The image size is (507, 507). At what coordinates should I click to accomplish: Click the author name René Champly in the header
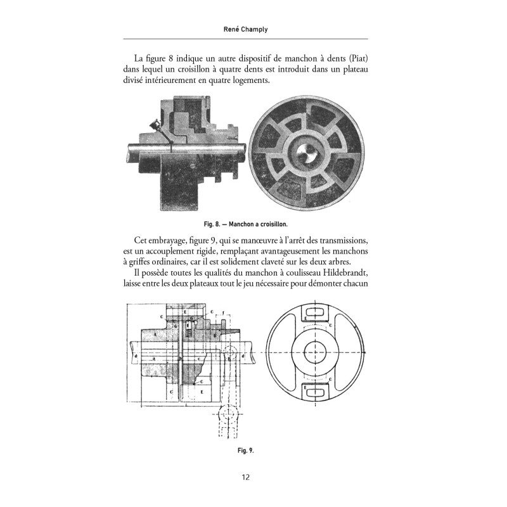point(253,29)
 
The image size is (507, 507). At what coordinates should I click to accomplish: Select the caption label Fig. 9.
point(245,451)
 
